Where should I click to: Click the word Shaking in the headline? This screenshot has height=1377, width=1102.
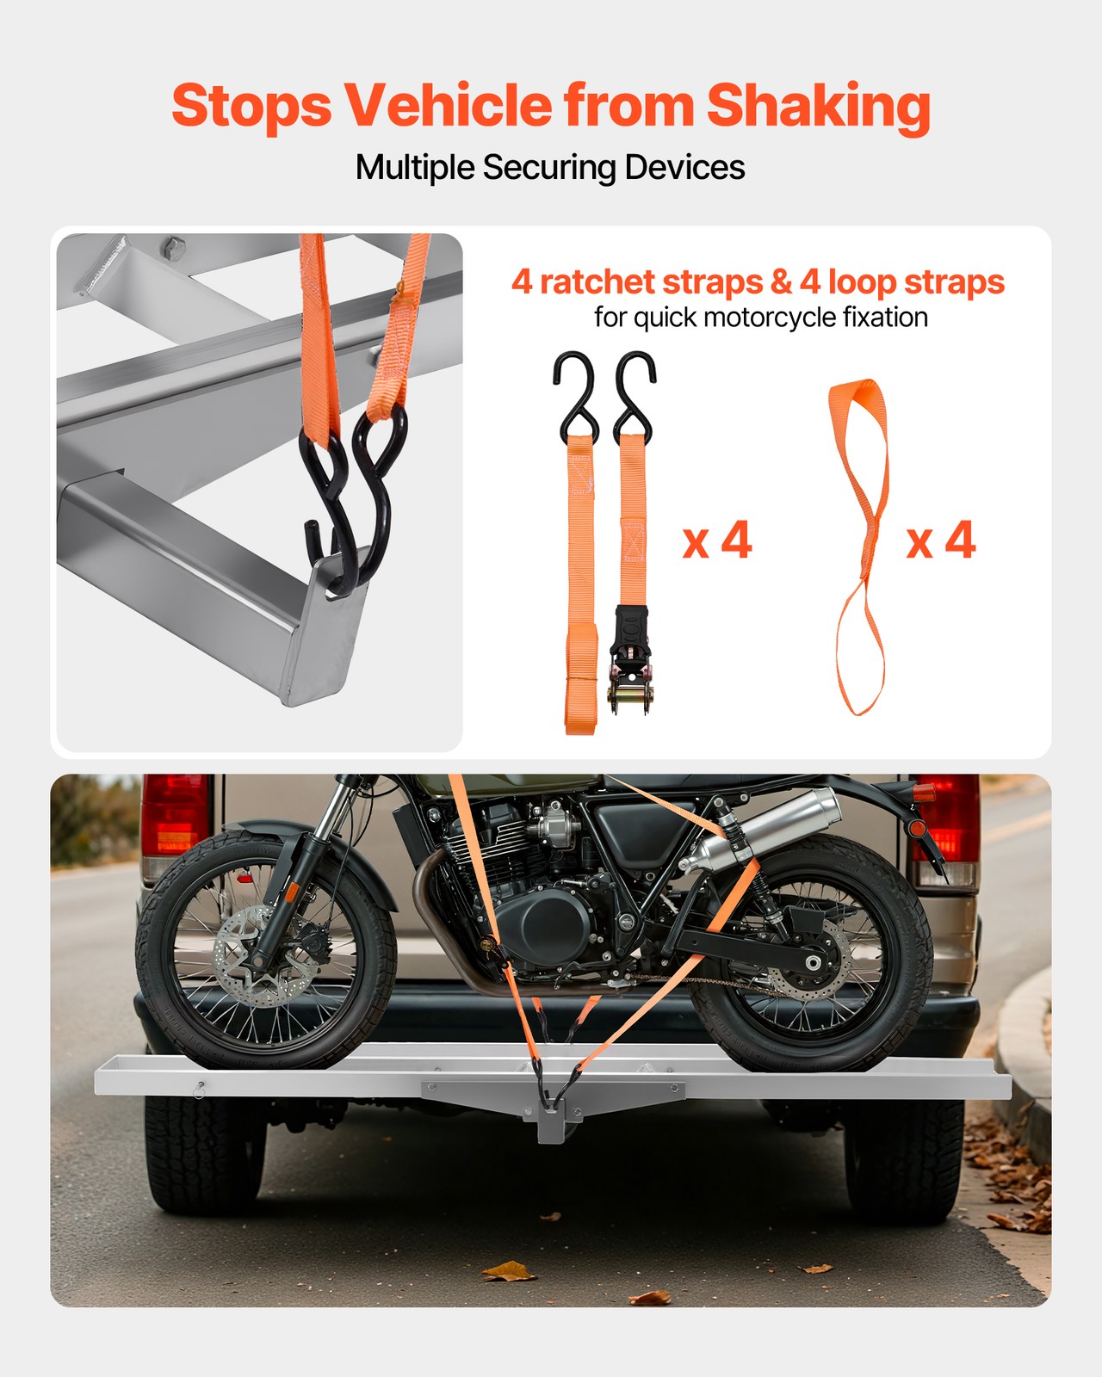tap(818, 106)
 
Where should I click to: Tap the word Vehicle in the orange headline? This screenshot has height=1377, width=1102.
tap(448, 106)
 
